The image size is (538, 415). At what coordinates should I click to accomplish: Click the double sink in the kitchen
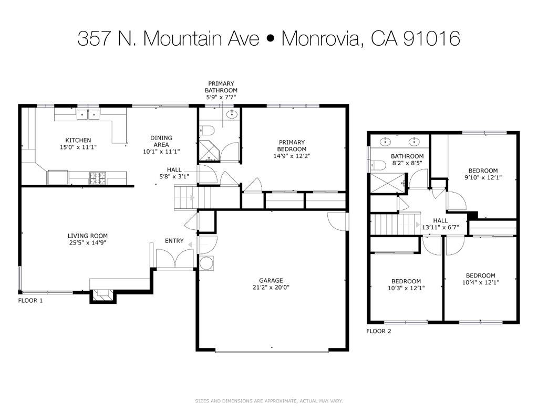coord(88,114)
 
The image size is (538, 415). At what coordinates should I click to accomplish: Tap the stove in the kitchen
coord(97,178)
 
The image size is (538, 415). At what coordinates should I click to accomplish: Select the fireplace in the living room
coord(102,296)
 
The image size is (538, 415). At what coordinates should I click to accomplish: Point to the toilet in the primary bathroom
coord(206,131)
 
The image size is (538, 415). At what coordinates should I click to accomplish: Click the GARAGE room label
coord(271,280)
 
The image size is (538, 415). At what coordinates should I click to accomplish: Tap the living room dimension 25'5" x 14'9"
coord(87,243)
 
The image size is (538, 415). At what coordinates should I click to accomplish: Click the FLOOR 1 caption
coord(30,301)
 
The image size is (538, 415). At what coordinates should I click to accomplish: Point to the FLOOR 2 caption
coord(379,331)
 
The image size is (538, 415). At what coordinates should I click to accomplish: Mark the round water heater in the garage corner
coord(206,262)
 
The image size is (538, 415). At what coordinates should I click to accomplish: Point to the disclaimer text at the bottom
coord(268,401)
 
